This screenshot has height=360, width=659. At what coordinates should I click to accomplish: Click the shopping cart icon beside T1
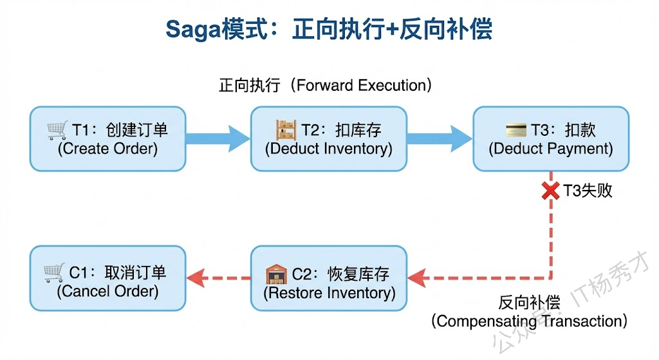[x=57, y=130]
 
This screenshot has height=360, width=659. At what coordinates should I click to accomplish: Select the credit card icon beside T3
[x=516, y=130]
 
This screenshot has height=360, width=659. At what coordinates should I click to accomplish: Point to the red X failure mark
[x=550, y=191]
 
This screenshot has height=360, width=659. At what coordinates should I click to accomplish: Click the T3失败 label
[x=588, y=191]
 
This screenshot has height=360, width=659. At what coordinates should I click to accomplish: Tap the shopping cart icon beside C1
[x=55, y=272]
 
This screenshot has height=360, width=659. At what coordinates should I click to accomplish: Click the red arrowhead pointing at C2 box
[x=417, y=278]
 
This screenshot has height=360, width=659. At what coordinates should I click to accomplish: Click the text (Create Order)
[x=107, y=149]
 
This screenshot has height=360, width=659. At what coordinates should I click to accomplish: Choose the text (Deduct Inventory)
[x=329, y=149]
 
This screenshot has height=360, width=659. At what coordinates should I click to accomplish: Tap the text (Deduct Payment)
[x=551, y=149]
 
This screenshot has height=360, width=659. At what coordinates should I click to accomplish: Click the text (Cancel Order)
[x=107, y=291]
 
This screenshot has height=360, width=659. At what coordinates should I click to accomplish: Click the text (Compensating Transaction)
[x=529, y=320]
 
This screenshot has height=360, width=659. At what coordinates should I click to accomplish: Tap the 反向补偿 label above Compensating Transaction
[x=529, y=302]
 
